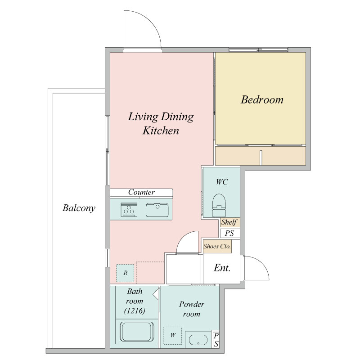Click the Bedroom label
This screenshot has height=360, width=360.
pos(262,100)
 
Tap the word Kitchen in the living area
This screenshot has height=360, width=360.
pos(161,130)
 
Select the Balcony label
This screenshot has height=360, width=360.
pos(79,208)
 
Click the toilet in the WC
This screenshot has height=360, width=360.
pos(219,206)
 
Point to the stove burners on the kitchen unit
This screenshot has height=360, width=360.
pos(129,209)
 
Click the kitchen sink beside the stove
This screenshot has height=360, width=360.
pos(157,210)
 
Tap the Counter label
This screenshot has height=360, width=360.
pos(141,192)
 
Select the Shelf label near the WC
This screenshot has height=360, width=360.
pos(229,222)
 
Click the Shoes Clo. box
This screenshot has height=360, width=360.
pos(217,246)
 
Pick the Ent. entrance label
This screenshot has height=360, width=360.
pos(222,268)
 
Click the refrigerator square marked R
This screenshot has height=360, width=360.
pos(125,273)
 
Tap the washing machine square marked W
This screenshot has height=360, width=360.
pos(173,336)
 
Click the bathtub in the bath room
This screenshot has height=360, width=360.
pos(137,332)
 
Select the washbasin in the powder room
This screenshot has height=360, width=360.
pos(198,340)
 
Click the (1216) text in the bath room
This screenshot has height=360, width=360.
pos(135,311)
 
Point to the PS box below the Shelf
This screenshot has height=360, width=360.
pos(230,233)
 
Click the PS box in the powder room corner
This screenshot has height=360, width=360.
pos(216,340)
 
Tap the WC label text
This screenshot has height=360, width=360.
pos(222,182)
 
